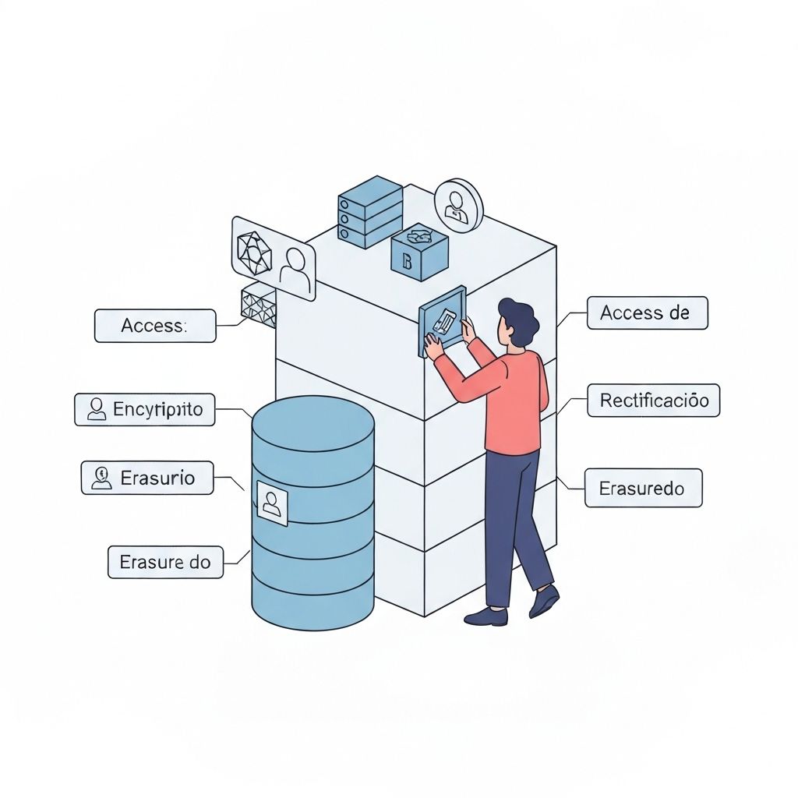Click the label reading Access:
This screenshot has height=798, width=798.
(x=154, y=326)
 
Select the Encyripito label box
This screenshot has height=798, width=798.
(x=144, y=409)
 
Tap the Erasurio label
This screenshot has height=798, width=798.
(x=147, y=477)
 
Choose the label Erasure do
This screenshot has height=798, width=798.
(x=164, y=561)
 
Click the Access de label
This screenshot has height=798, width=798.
(x=647, y=313)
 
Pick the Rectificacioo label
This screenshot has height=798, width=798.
(x=653, y=401)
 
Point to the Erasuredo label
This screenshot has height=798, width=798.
(x=643, y=489)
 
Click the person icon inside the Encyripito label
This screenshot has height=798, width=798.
(x=97, y=409)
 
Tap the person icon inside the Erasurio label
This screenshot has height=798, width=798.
(x=101, y=477)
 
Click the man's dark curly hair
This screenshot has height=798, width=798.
(x=520, y=318)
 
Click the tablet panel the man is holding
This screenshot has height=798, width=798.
(x=442, y=321)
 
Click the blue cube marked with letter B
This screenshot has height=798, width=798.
(x=419, y=252)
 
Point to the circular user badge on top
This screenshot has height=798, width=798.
(x=458, y=205)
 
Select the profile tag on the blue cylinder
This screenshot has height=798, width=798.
(x=272, y=503)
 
